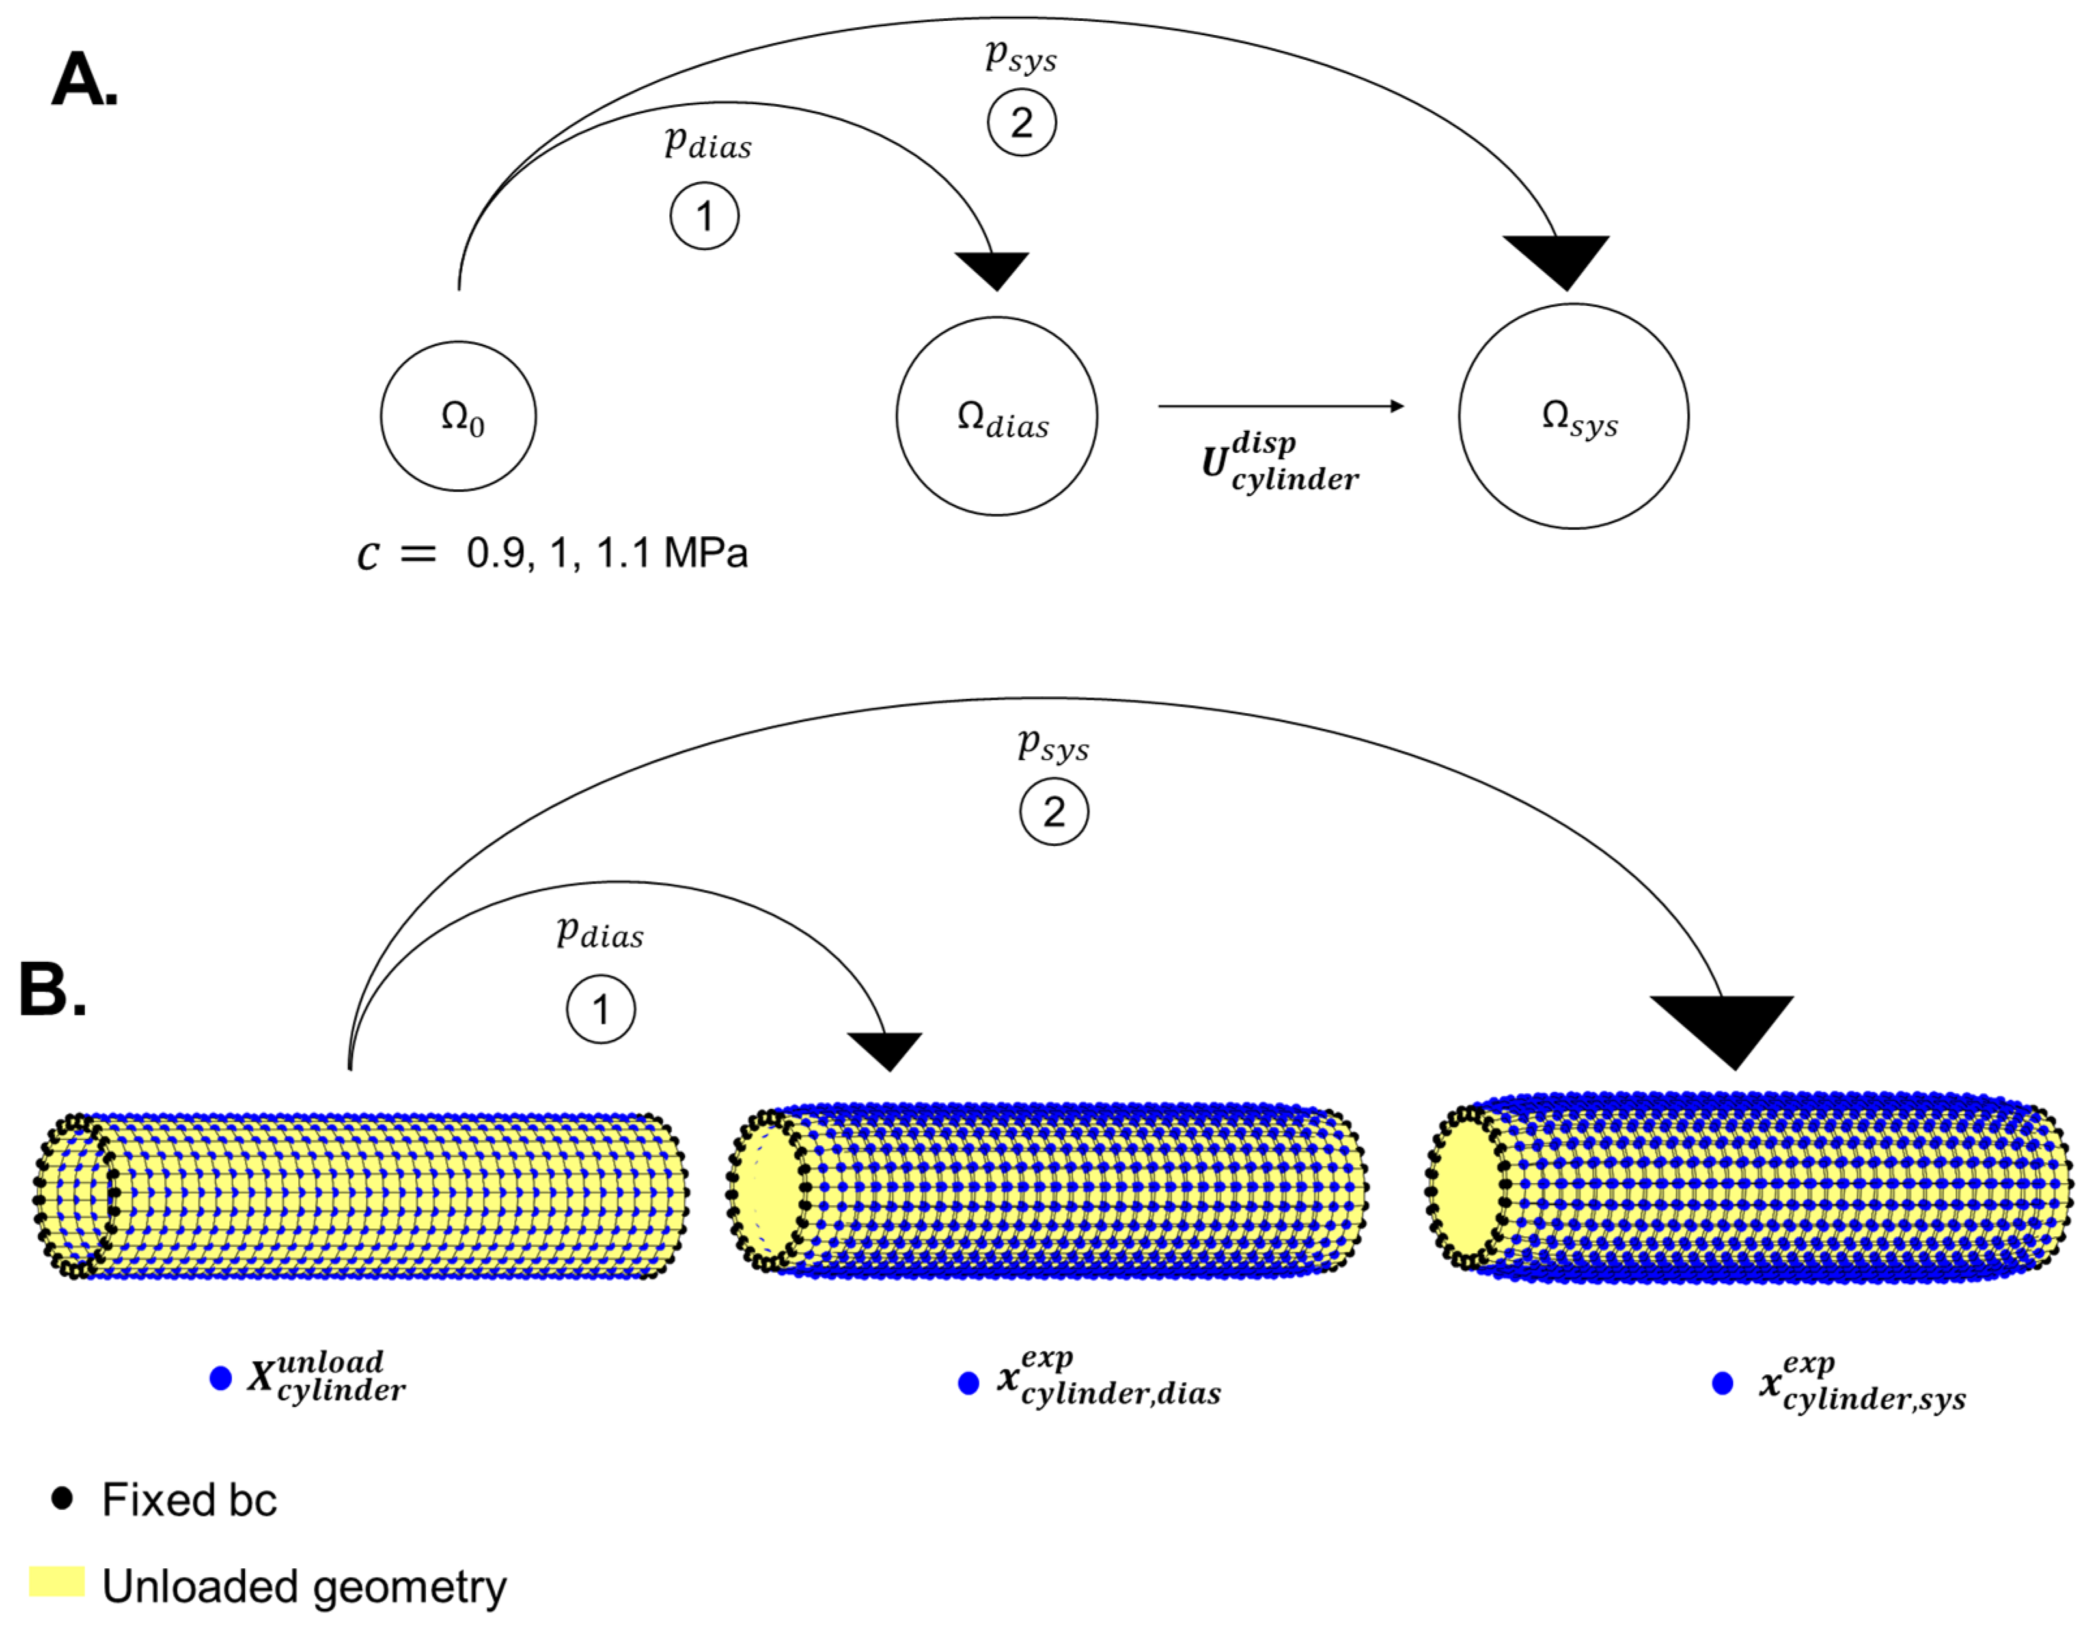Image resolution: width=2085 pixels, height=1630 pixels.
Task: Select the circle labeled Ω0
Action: (458, 416)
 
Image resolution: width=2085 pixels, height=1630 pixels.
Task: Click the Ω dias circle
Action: (997, 416)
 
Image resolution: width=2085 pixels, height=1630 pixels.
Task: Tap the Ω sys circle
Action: (1573, 416)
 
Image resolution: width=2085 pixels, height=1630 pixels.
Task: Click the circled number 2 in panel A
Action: (1021, 122)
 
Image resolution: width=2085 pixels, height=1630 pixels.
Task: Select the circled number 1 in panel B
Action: (600, 1009)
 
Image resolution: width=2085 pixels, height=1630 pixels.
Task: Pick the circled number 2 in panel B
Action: (1054, 812)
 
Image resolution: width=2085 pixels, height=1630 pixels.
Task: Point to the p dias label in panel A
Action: (708, 144)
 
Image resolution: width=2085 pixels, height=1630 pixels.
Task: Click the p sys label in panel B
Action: (1053, 744)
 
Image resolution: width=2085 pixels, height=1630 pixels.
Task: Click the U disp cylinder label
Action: (1279, 463)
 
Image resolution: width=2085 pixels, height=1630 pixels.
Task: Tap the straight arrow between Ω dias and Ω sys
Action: (1279, 407)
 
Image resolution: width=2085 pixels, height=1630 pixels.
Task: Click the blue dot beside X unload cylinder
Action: (221, 1378)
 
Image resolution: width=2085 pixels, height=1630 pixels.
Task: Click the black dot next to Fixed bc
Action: (62, 1499)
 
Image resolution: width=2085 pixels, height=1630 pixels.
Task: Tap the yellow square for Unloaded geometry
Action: (57, 1581)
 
